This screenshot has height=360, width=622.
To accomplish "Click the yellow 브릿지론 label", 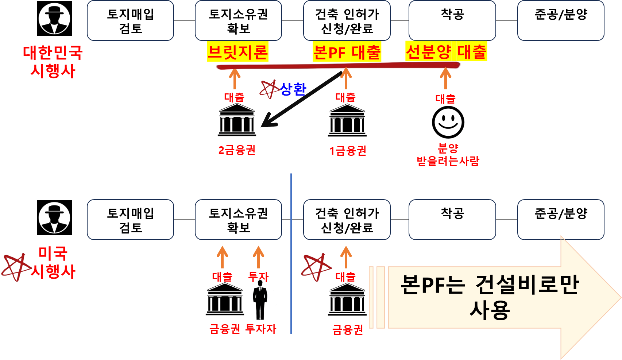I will pos(237,51).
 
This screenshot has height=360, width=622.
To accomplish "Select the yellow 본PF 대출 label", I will pos(347,51).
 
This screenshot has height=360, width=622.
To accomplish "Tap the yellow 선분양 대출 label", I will pos(446,51).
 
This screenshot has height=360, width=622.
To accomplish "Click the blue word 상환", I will pos(293,89).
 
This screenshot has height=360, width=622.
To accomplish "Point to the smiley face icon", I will pos(448,122).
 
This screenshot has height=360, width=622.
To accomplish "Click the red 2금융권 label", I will pos(237,150).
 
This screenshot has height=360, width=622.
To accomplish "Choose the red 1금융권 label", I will pos(348,151).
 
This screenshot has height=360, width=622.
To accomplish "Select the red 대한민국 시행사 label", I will pos(53,62).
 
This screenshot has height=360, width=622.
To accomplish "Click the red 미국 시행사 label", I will pos(53,262).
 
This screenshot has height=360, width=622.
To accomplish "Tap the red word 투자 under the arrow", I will pos(258,277).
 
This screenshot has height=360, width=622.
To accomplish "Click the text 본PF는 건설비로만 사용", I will pos(490,297).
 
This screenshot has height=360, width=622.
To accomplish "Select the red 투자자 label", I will pos(261,329).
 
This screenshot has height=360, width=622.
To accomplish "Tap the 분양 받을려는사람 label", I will pos(448,155).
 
